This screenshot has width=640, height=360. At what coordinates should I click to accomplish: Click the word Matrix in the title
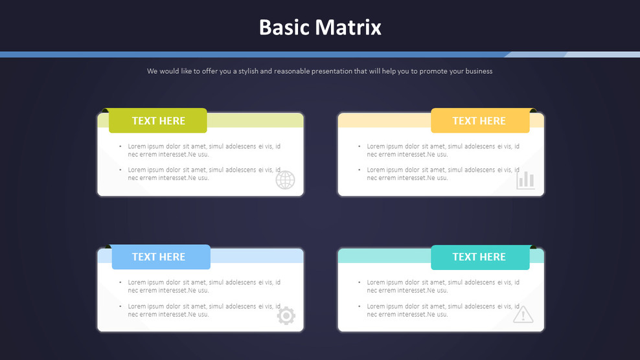349,27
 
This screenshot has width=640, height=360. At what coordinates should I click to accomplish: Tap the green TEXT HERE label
158,120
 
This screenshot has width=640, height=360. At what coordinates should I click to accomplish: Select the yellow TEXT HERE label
479,120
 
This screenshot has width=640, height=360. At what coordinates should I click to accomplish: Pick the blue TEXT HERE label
158,257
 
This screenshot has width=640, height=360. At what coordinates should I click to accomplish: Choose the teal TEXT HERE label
479,257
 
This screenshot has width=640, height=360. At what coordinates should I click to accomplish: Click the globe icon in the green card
285,180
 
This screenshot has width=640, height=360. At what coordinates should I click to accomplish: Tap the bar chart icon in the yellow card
525,180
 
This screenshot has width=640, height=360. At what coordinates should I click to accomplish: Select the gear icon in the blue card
286,316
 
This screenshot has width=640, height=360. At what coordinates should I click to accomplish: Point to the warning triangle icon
523,315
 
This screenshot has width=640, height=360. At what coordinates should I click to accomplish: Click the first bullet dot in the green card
120,146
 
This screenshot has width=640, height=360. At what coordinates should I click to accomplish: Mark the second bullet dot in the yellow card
360,170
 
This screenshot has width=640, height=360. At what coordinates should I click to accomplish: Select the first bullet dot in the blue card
120,282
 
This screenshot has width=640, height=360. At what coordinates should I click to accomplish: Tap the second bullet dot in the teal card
360,306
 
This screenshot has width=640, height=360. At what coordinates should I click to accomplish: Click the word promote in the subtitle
433,71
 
